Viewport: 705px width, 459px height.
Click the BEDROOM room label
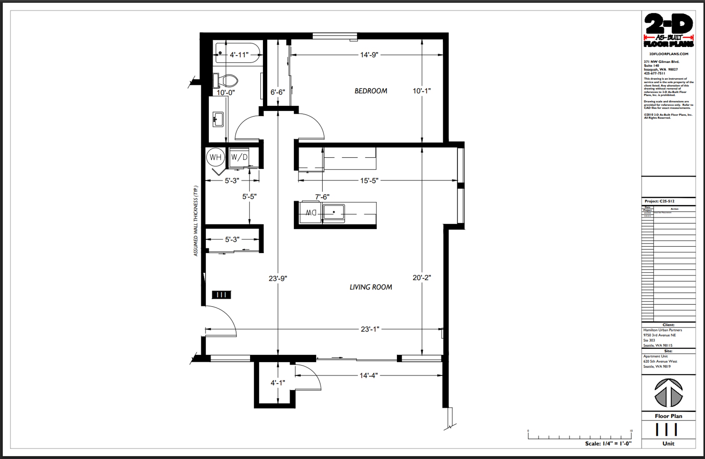click(370, 91)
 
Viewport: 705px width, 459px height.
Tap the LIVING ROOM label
click(370, 287)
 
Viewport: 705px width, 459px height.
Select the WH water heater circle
click(216, 158)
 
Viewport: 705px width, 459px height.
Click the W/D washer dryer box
click(239, 158)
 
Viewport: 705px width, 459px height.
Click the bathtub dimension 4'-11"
click(239, 55)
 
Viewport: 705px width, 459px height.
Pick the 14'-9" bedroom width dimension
click(369, 55)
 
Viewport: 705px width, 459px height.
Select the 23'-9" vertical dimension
click(278, 279)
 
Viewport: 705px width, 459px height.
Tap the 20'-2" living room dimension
click(422, 278)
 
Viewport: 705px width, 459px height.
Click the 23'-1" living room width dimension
click(369, 329)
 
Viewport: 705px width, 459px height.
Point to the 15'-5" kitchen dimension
click(369, 181)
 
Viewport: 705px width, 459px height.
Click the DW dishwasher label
click(311, 213)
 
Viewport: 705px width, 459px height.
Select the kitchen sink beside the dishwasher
click(333, 212)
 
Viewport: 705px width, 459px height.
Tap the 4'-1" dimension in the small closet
click(278, 383)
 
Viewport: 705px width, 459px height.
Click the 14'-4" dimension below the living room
click(368, 376)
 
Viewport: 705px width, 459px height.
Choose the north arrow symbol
click(668, 393)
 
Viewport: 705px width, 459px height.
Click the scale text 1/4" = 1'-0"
click(608, 444)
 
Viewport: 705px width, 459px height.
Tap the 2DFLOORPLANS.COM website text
click(668, 54)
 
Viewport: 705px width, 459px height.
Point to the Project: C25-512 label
click(659, 201)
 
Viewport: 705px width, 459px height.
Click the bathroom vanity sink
click(218, 119)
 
